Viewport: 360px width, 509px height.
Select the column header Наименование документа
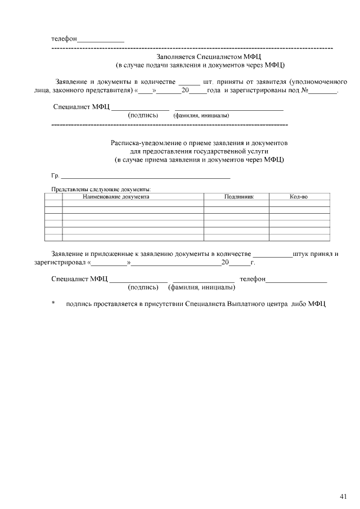[116, 197]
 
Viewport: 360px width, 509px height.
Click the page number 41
[344, 496]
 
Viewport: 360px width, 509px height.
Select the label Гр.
[55, 176]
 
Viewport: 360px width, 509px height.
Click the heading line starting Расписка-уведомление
[199, 143]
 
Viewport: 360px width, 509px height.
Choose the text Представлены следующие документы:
[101, 190]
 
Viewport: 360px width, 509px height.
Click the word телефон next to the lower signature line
[252, 279]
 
